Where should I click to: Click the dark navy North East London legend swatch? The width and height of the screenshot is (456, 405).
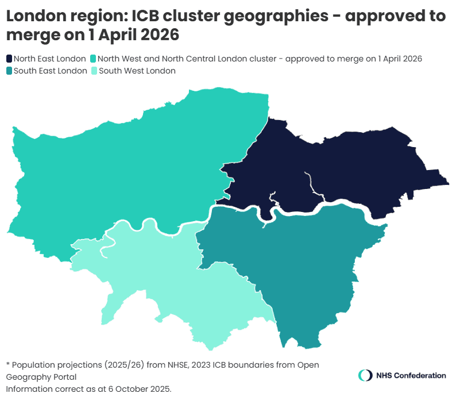9,59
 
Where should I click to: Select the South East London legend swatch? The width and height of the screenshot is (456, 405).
9,71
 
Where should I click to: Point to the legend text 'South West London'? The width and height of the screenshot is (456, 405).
137,71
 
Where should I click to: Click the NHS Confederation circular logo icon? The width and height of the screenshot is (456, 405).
365,375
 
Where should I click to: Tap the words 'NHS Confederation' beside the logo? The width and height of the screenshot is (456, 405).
411,375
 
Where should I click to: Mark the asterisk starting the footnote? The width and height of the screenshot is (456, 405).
8,364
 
